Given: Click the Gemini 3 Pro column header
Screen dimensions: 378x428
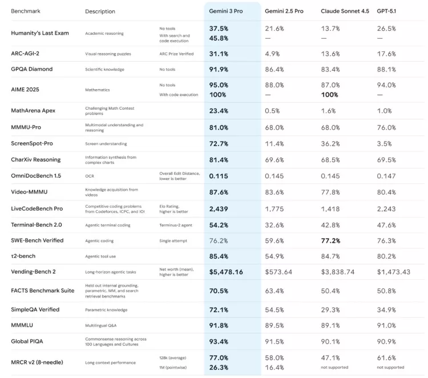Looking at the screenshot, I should pyautogui.click(x=225, y=11).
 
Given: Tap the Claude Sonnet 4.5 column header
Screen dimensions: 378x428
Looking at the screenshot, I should pyautogui.click(x=344, y=11).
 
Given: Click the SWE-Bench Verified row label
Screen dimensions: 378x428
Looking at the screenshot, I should pyautogui.click(x=37, y=240).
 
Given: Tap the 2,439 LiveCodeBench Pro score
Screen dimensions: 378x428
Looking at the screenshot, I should pyautogui.click(x=219, y=209).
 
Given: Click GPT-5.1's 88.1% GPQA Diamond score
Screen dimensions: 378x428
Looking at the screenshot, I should pyautogui.click(x=386, y=69).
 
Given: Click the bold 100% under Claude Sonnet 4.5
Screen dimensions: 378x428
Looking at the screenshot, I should pyautogui.click(x=330, y=94).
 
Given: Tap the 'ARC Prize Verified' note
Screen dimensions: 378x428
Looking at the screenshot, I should pyautogui.click(x=176, y=54).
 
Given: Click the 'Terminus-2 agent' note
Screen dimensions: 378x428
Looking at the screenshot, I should pyautogui.click(x=176, y=225).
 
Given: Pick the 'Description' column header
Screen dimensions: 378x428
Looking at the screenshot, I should pyautogui.click(x=100, y=11).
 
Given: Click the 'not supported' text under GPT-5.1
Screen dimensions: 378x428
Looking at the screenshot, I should pyautogui.click(x=390, y=367).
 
